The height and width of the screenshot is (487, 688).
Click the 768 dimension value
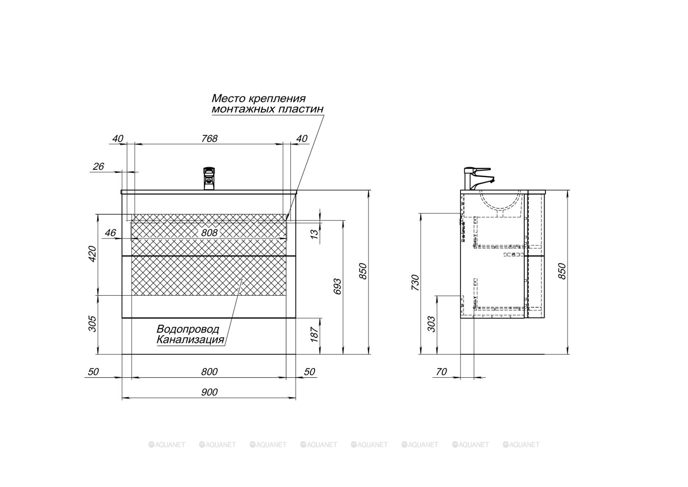pyautogui.click(x=209, y=139)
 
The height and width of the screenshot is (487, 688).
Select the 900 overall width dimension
pyautogui.click(x=209, y=392)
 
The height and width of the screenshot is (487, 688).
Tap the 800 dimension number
pyautogui.click(x=209, y=372)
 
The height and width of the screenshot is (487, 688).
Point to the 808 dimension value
pyautogui.click(x=209, y=233)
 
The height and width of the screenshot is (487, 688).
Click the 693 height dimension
pyautogui.click(x=337, y=286)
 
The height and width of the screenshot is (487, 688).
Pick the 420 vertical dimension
pyautogui.click(x=92, y=254)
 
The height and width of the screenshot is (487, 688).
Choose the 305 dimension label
pyautogui.click(x=92, y=324)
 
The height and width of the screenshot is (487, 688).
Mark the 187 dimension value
pyautogui.click(x=314, y=335)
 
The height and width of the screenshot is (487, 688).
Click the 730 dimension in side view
pyautogui.click(x=415, y=282)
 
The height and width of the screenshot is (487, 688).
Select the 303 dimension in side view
pyautogui.click(x=431, y=324)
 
